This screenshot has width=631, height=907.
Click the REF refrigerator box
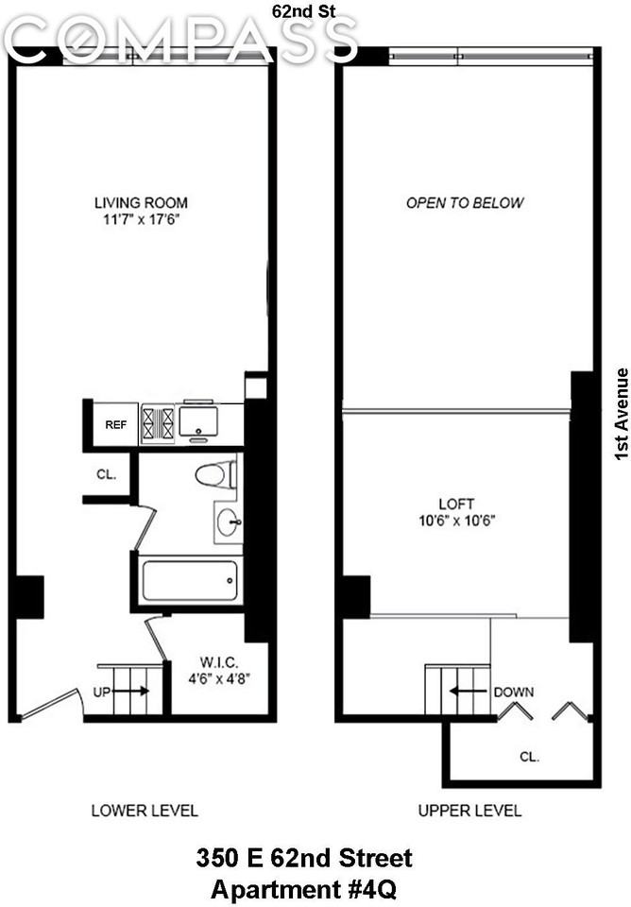point(115,424)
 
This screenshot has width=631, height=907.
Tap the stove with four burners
point(158,422)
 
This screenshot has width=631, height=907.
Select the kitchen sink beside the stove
point(198,420)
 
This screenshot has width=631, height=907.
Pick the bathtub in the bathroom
point(190,580)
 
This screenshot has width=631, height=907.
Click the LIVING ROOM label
point(141,202)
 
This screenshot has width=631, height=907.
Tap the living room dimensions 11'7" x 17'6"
point(141,219)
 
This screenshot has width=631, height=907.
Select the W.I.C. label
point(218,660)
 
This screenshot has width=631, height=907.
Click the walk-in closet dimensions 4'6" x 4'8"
point(218,676)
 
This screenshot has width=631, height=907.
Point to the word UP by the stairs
point(102,692)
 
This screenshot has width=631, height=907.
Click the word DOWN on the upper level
point(513,692)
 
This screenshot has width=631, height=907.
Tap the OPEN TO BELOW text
point(465,203)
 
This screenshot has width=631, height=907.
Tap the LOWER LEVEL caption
point(145,811)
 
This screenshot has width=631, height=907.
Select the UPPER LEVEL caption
point(469,811)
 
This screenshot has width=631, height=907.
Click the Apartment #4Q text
point(304,889)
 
